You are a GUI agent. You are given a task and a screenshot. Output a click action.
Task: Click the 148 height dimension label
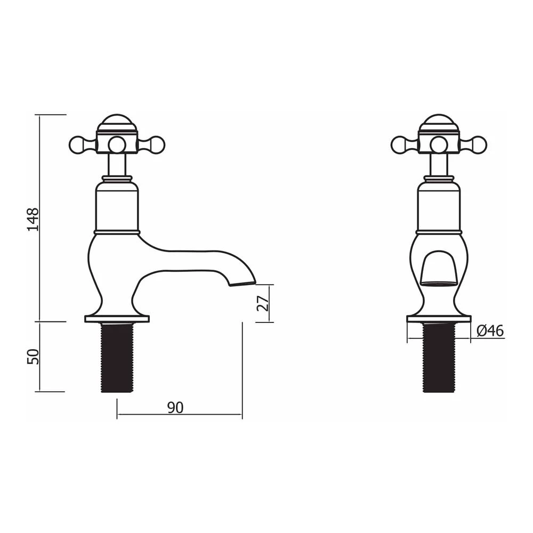[x=34, y=219]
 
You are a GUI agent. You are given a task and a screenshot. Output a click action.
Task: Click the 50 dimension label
[x=34, y=357]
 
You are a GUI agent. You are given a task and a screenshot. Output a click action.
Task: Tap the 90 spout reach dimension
[x=175, y=408]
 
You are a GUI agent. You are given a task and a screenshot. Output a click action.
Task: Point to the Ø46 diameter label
[x=490, y=331]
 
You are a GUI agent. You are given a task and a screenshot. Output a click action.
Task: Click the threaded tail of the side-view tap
[x=117, y=358]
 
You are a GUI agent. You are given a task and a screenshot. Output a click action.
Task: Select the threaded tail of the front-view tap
[x=439, y=358]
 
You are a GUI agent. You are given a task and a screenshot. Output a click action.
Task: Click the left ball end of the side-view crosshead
[x=77, y=144]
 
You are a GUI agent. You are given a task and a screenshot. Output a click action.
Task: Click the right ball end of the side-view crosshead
[x=157, y=144]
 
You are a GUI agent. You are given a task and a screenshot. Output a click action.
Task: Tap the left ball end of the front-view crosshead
[x=399, y=144]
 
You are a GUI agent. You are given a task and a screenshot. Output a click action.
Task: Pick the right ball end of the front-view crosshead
[x=479, y=144]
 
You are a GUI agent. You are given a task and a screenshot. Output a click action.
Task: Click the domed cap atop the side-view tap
[x=117, y=121]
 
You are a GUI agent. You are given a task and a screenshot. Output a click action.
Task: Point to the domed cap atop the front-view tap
[x=439, y=121]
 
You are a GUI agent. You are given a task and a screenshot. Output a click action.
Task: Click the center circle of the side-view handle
[x=117, y=144]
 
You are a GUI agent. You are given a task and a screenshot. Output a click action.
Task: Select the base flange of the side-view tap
[x=117, y=319]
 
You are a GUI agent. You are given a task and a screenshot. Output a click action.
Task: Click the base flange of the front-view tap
[x=439, y=319]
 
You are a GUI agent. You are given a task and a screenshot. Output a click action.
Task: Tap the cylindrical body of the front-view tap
[x=439, y=208]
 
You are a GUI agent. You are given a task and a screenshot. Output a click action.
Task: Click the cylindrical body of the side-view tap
[x=117, y=208]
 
